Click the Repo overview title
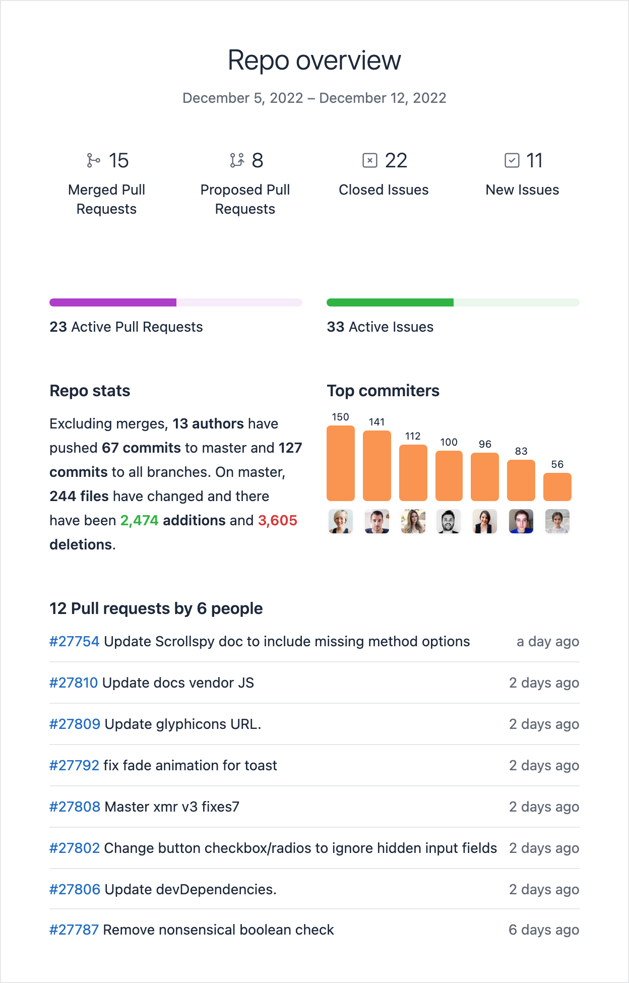[314, 60]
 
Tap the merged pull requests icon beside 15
[93, 160]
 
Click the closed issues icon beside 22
[370, 160]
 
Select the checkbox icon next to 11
[512, 160]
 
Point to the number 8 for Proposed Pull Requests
[257, 160]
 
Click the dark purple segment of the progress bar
[113, 302]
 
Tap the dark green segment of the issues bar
[390, 302]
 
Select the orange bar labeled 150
[341, 463]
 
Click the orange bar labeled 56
[557, 487]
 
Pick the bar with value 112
[413, 472]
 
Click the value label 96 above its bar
[485, 444]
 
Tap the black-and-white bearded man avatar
[448, 521]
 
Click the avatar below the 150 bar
[341, 521]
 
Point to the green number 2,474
[139, 520]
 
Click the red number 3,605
[277, 520]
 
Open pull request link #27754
[74, 641]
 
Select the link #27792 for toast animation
[74, 765]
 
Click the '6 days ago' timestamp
[543, 930]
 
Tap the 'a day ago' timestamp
[547, 641]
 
